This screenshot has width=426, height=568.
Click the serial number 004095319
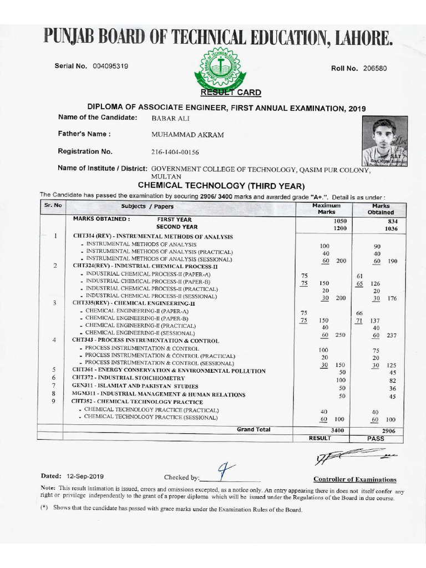tap(111, 66)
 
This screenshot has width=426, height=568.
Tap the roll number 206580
tap(374, 68)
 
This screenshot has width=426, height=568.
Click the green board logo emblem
tap(221, 68)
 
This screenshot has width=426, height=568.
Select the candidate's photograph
tap(384, 141)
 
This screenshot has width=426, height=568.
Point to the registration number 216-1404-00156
tap(175, 152)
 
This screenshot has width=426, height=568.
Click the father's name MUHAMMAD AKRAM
tap(187, 135)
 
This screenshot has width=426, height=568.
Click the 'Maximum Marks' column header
tap(326, 209)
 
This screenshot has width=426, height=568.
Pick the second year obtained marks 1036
tap(391, 229)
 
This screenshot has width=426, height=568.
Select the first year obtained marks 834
tap(393, 221)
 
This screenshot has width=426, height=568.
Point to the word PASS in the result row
tap(375, 438)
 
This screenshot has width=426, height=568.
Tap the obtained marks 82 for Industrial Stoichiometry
tap(392, 381)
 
